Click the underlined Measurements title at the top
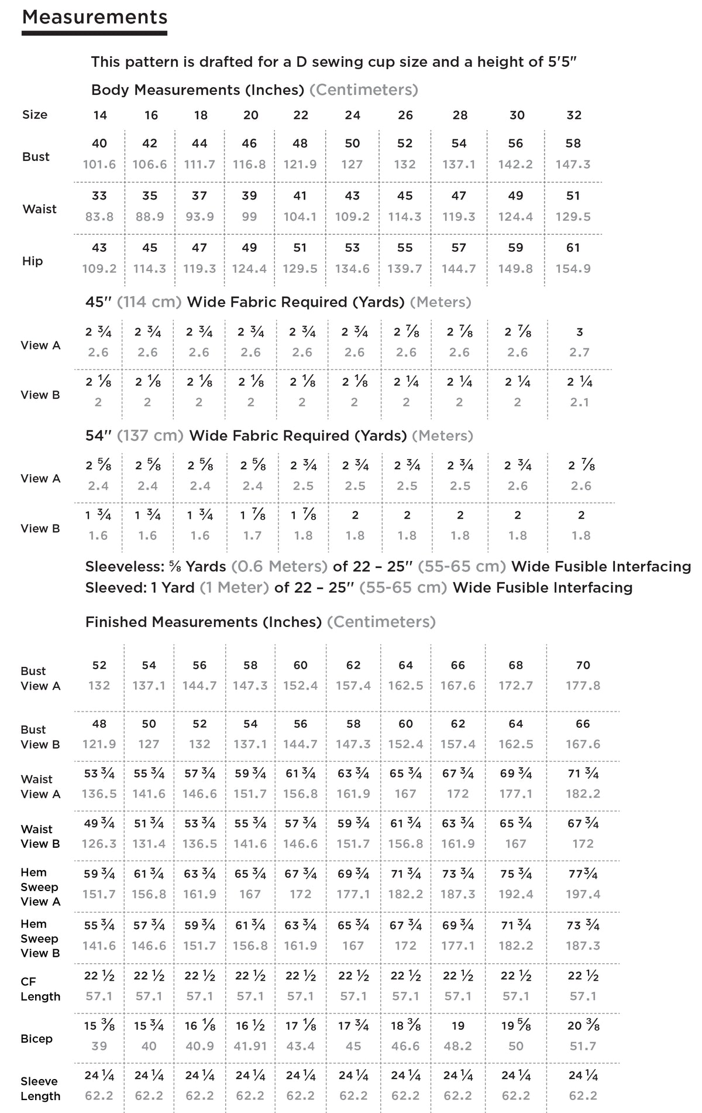click(x=95, y=18)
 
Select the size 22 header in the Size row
click(x=301, y=115)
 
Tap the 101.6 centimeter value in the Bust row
click(x=99, y=165)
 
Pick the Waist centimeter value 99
click(x=250, y=217)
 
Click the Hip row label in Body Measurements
click(x=33, y=261)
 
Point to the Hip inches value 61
click(x=573, y=248)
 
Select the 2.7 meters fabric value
click(x=579, y=352)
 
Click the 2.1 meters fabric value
click(x=579, y=402)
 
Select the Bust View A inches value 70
click(x=583, y=665)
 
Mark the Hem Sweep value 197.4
click(x=583, y=894)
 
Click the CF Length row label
click(x=40, y=989)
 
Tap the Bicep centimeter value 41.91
click(x=250, y=1046)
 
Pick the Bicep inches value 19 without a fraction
click(x=458, y=1026)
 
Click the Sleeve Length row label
click(x=40, y=1088)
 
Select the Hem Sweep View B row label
click(x=40, y=938)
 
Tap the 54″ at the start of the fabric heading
click(x=98, y=436)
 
